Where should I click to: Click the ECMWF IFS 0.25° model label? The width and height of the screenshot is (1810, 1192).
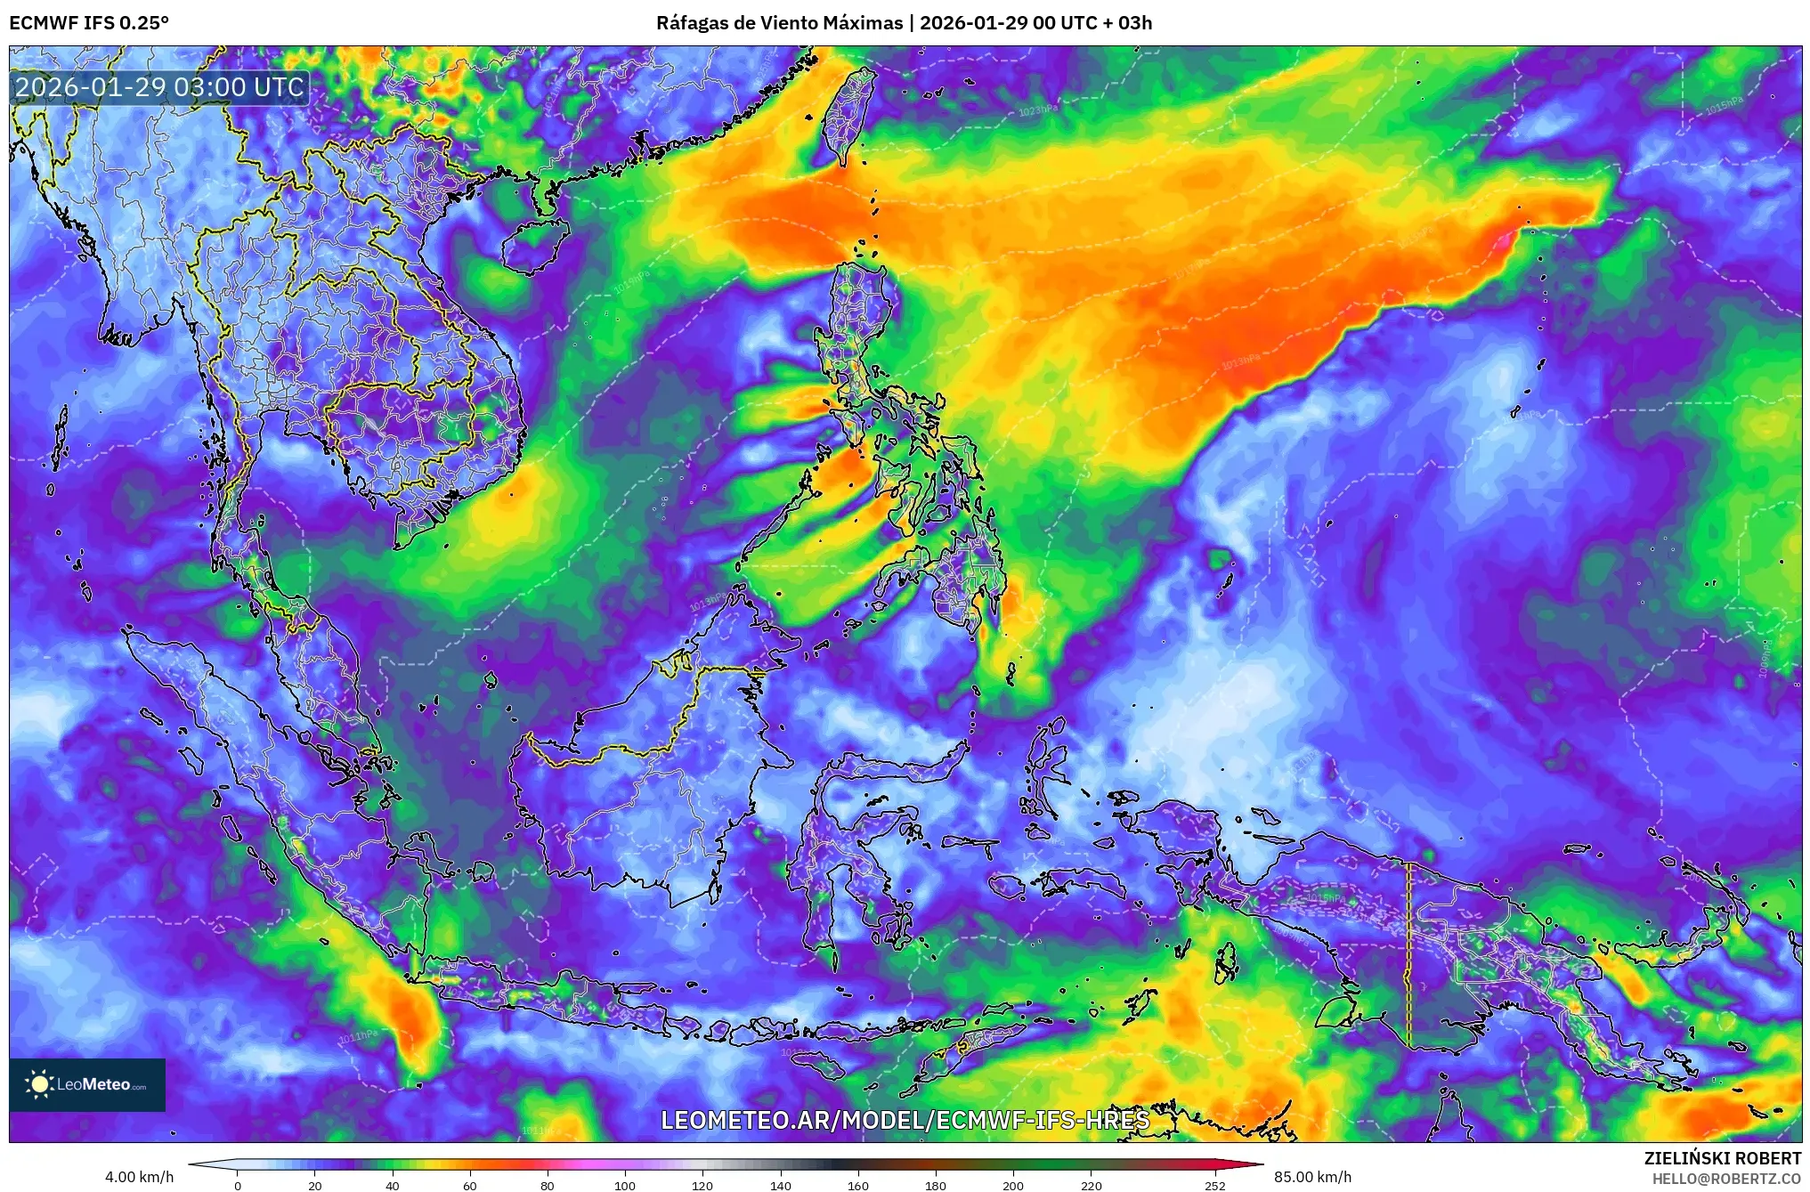[89, 23]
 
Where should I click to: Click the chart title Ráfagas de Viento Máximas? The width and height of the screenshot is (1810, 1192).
[779, 23]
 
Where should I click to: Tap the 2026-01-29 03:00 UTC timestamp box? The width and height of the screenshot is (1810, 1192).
[159, 87]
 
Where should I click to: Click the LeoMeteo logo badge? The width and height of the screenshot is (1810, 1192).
[87, 1084]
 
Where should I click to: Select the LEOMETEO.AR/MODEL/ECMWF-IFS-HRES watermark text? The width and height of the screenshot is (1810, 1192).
[905, 1120]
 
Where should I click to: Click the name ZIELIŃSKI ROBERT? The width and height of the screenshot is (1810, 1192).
[1722, 1158]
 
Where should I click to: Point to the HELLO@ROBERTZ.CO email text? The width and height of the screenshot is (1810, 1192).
[1726, 1178]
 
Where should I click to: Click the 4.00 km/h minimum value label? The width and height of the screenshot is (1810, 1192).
[139, 1177]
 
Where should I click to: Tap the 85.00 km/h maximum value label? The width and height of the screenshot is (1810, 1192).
[1312, 1177]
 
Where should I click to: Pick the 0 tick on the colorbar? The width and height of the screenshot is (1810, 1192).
[238, 1185]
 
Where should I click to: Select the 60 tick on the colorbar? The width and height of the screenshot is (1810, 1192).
[470, 1185]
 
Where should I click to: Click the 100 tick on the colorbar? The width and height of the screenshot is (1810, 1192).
[625, 1185]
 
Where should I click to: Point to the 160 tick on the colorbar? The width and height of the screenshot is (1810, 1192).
[857, 1185]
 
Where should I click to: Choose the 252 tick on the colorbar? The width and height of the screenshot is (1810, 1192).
[1214, 1185]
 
